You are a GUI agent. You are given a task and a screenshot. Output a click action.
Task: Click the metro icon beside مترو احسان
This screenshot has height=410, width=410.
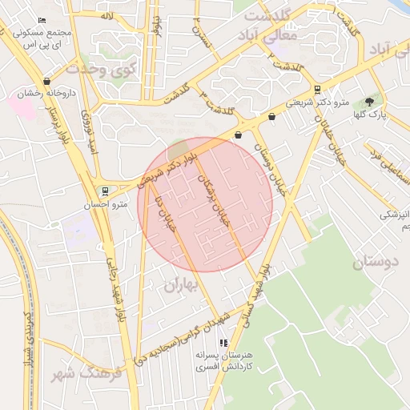coord(105,191)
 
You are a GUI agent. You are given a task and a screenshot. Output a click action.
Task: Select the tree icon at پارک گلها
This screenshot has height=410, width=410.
coord(368,102)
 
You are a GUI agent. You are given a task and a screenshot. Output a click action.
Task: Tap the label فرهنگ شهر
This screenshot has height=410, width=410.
coord(88,374)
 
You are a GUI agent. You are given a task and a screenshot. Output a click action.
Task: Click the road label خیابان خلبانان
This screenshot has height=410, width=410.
coord(330,140)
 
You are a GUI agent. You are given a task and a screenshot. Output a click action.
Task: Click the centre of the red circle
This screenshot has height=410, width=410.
coord(205,204)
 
